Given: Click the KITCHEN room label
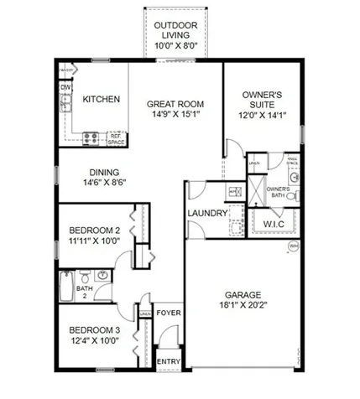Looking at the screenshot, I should [x=101, y=99].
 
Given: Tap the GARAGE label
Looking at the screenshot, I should [x=242, y=295].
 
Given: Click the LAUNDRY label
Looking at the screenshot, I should [x=207, y=214].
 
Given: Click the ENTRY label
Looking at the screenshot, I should [x=168, y=362].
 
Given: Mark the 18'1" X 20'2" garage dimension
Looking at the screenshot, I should [x=242, y=307].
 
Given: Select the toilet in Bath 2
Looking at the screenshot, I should [x=84, y=277].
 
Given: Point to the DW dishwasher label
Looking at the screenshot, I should [x=65, y=87].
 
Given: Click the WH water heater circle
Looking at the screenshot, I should [x=293, y=246].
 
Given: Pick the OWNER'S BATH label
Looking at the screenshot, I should [x=278, y=191].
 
